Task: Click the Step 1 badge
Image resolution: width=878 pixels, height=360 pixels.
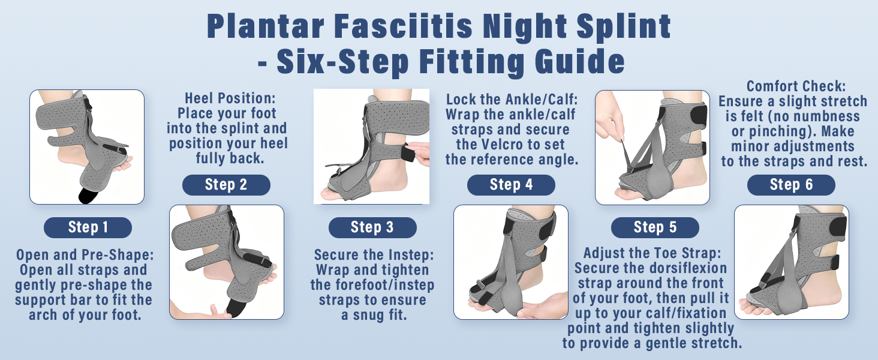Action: click(x=88, y=227)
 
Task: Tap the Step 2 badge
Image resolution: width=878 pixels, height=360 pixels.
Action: click(x=226, y=185)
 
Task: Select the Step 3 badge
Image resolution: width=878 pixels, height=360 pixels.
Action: click(x=372, y=227)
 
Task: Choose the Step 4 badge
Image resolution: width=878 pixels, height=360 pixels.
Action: click(x=511, y=185)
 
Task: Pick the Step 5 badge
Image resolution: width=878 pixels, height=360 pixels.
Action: click(x=655, y=227)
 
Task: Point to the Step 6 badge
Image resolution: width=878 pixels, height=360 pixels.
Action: click(x=791, y=185)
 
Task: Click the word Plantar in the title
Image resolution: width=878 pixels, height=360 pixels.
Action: click(x=265, y=26)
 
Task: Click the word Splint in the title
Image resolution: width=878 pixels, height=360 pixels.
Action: click(x=624, y=26)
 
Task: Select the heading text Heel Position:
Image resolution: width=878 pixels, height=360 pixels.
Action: click(x=230, y=98)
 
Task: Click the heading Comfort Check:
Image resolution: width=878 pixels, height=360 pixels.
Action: click(x=796, y=86)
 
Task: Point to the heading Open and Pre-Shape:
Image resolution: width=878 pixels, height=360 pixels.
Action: click(x=85, y=255)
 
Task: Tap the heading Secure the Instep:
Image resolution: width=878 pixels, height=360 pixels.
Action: click(x=374, y=255)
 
